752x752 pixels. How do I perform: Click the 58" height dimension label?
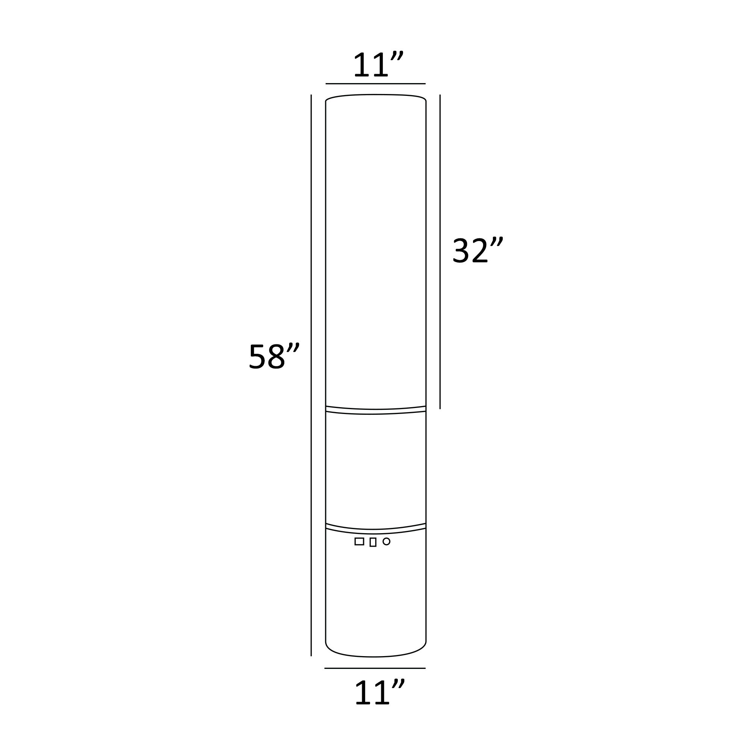(274, 356)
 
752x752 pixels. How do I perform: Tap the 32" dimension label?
(477, 250)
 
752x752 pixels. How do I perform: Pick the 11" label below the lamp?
(379, 693)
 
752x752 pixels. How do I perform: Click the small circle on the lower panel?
(386, 541)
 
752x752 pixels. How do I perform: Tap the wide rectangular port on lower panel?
(359, 541)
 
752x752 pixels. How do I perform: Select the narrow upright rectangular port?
(373, 542)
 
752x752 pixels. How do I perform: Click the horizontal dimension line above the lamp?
(376, 84)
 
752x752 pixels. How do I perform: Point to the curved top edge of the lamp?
(376, 95)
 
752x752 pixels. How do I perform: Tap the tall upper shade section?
(376, 249)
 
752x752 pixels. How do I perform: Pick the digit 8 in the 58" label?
(276, 356)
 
